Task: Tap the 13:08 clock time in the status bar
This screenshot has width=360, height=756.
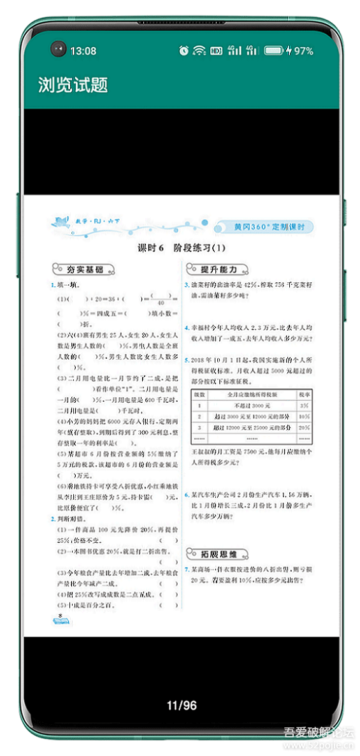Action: click(83, 50)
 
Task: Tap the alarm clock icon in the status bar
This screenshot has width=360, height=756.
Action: click(184, 50)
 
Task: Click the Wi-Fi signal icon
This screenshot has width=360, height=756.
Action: click(200, 50)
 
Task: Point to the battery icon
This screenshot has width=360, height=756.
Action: click(274, 50)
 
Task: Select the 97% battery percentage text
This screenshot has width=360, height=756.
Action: click(303, 50)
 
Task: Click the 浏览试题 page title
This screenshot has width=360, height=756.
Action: click(73, 85)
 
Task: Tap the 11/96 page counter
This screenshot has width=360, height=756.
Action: click(182, 705)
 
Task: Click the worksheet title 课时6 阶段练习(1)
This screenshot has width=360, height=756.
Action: click(182, 248)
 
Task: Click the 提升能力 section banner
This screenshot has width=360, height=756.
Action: click(217, 269)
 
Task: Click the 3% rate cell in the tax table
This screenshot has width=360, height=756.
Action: click(304, 405)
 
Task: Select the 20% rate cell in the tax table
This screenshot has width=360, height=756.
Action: click(304, 428)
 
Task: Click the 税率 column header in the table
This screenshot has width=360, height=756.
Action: click(304, 395)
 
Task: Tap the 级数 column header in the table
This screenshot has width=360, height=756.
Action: click(199, 395)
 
